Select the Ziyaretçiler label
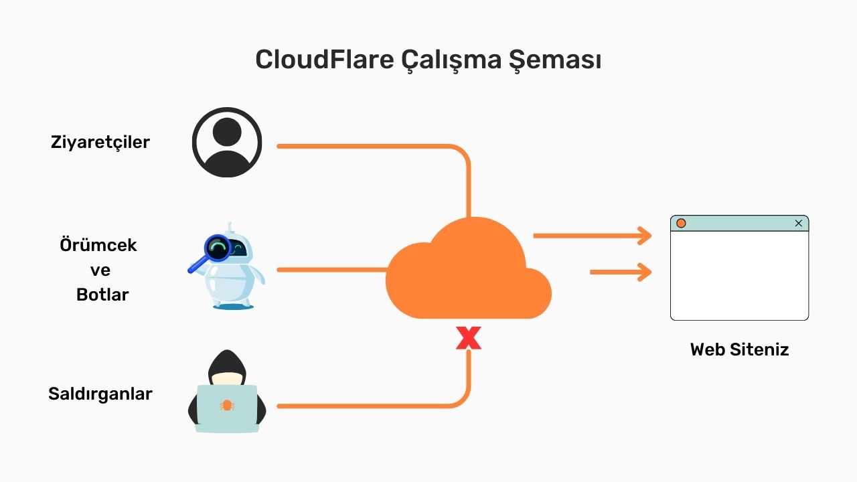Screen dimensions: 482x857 (x=100, y=142)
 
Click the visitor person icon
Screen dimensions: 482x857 (x=227, y=142)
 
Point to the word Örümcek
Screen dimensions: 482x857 (x=98, y=245)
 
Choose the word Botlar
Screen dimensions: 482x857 (x=102, y=295)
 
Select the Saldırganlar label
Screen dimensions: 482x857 (x=100, y=394)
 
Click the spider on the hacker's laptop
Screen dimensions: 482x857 (x=227, y=406)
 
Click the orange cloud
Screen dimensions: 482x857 (x=469, y=274)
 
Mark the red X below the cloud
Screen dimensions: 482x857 (x=469, y=339)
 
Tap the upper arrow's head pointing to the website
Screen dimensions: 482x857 (x=644, y=236)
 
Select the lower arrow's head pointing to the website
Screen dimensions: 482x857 (x=644, y=272)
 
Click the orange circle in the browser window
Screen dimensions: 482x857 (x=681, y=223)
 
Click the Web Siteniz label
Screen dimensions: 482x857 (x=739, y=349)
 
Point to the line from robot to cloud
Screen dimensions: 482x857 (x=331, y=270)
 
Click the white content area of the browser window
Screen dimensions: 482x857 (x=739, y=274)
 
